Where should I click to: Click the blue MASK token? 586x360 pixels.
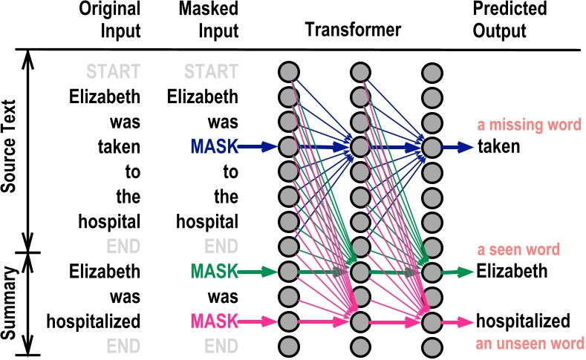[x=214, y=148]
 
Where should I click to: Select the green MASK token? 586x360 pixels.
[x=214, y=272]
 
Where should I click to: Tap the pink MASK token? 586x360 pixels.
[x=214, y=321]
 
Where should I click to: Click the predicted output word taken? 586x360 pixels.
[x=498, y=148]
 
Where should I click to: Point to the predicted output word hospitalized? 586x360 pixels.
[x=523, y=321]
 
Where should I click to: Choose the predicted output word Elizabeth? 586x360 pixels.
[x=512, y=272]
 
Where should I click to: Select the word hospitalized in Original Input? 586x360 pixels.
[x=93, y=321]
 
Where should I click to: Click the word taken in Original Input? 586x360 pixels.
[x=118, y=148]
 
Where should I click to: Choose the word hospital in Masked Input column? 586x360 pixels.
[x=207, y=222]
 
